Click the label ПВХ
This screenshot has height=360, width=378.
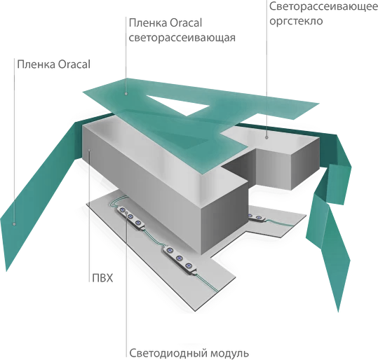coord(102,278)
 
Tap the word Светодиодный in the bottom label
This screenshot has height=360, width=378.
coord(168,354)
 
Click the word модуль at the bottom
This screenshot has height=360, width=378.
coord(229,354)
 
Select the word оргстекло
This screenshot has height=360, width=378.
coord(296,21)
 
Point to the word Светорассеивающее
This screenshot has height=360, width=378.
coord(323,6)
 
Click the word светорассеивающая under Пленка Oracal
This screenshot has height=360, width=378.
coord(182,38)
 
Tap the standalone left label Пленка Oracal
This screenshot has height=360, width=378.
coord(54,64)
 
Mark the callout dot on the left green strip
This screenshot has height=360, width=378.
coord(14,224)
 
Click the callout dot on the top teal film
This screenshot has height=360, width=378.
coord(126,94)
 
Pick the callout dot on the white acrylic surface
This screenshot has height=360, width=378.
coord(266,137)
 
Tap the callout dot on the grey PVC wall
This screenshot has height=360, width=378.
coord(89,150)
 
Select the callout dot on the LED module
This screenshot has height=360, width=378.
coord(126,213)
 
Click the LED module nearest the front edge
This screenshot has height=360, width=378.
coord(180,260)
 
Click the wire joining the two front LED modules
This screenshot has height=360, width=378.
coord(154,237)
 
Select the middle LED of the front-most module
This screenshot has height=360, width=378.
coord(179,258)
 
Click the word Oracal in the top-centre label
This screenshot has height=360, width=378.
coord(186,23)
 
